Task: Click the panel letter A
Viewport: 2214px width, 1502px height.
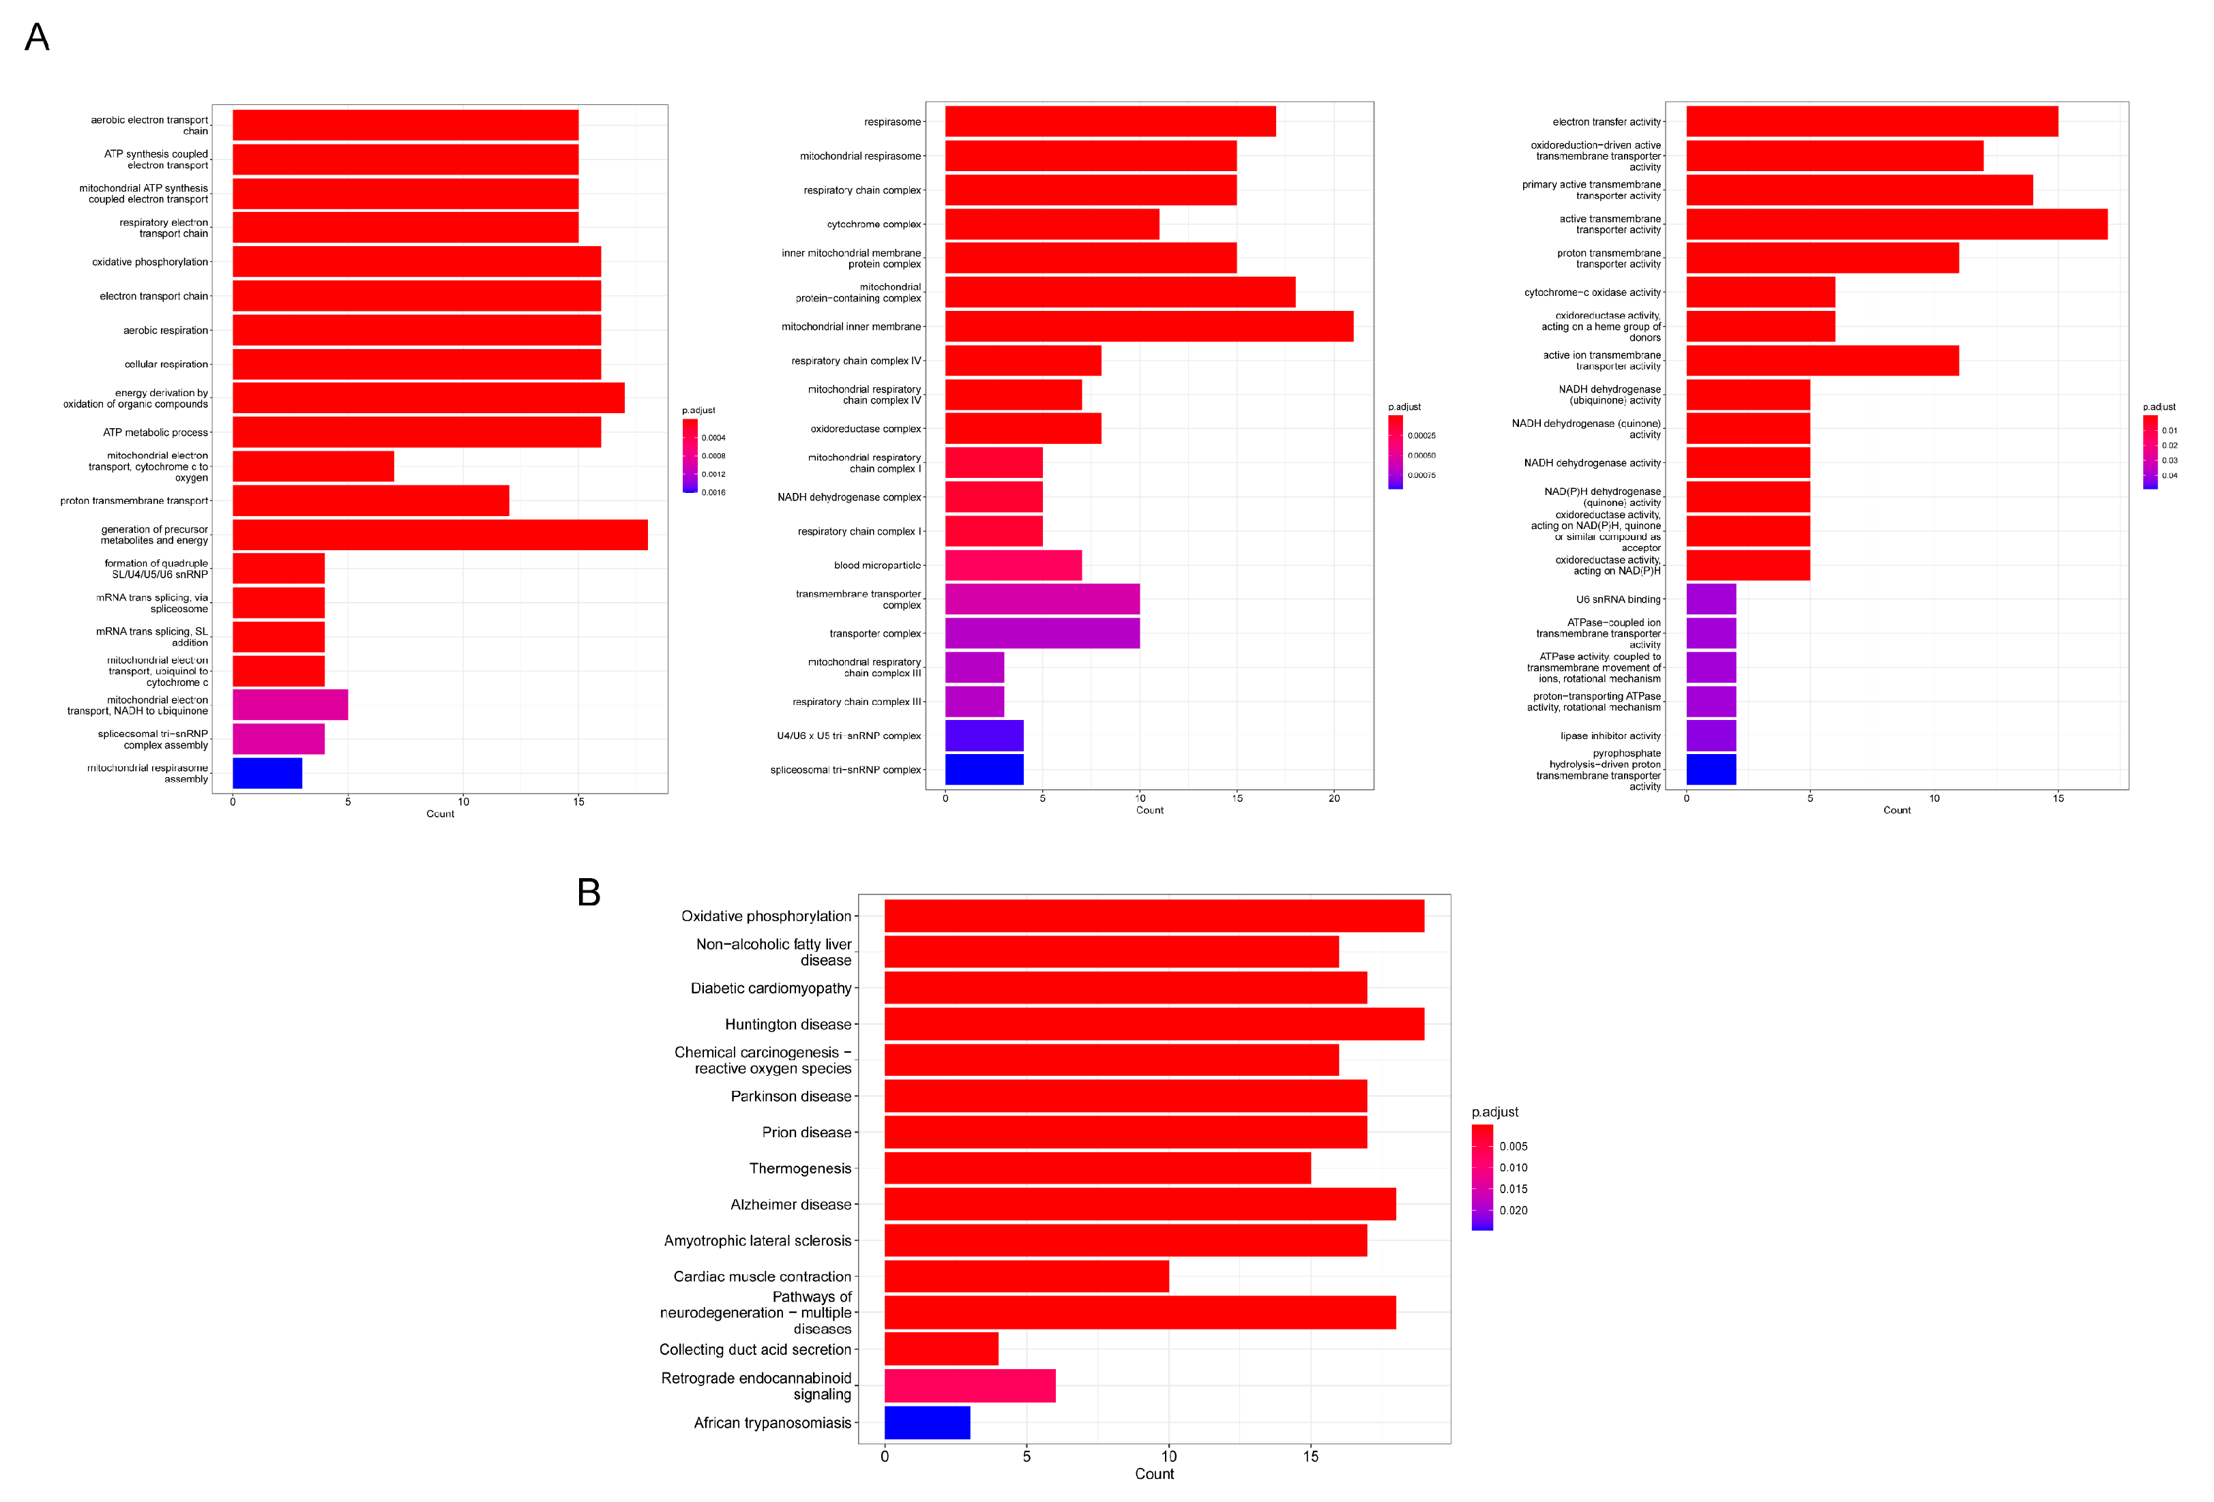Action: coord(37,37)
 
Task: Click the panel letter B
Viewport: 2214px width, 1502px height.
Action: coord(588,892)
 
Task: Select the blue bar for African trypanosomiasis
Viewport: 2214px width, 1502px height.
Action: coord(927,1422)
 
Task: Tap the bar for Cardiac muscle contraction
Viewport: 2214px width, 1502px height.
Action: coord(1026,1276)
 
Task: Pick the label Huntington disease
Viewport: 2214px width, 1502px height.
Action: coord(788,1024)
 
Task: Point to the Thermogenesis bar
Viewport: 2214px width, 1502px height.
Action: coord(1097,1168)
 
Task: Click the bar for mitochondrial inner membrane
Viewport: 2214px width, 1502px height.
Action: coord(1148,327)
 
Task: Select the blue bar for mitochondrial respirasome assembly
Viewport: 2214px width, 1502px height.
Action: coord(267,772)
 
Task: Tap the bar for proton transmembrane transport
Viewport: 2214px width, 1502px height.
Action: coord(370,500)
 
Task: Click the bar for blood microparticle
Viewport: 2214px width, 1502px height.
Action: coord(1013,565)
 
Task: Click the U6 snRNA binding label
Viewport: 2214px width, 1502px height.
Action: coord(1618,599)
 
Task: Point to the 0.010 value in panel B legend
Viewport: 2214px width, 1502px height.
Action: coord(1513,1168)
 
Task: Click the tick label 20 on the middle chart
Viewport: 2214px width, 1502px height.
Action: coord(1333,798)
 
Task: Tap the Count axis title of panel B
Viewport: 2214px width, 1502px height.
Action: coord(1153,1473)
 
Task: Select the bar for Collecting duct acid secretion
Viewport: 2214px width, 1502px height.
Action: coord(941,1349)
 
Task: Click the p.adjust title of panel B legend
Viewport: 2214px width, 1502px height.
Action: coord(1494,1111)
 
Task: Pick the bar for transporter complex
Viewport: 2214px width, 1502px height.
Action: coord(1042,633)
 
